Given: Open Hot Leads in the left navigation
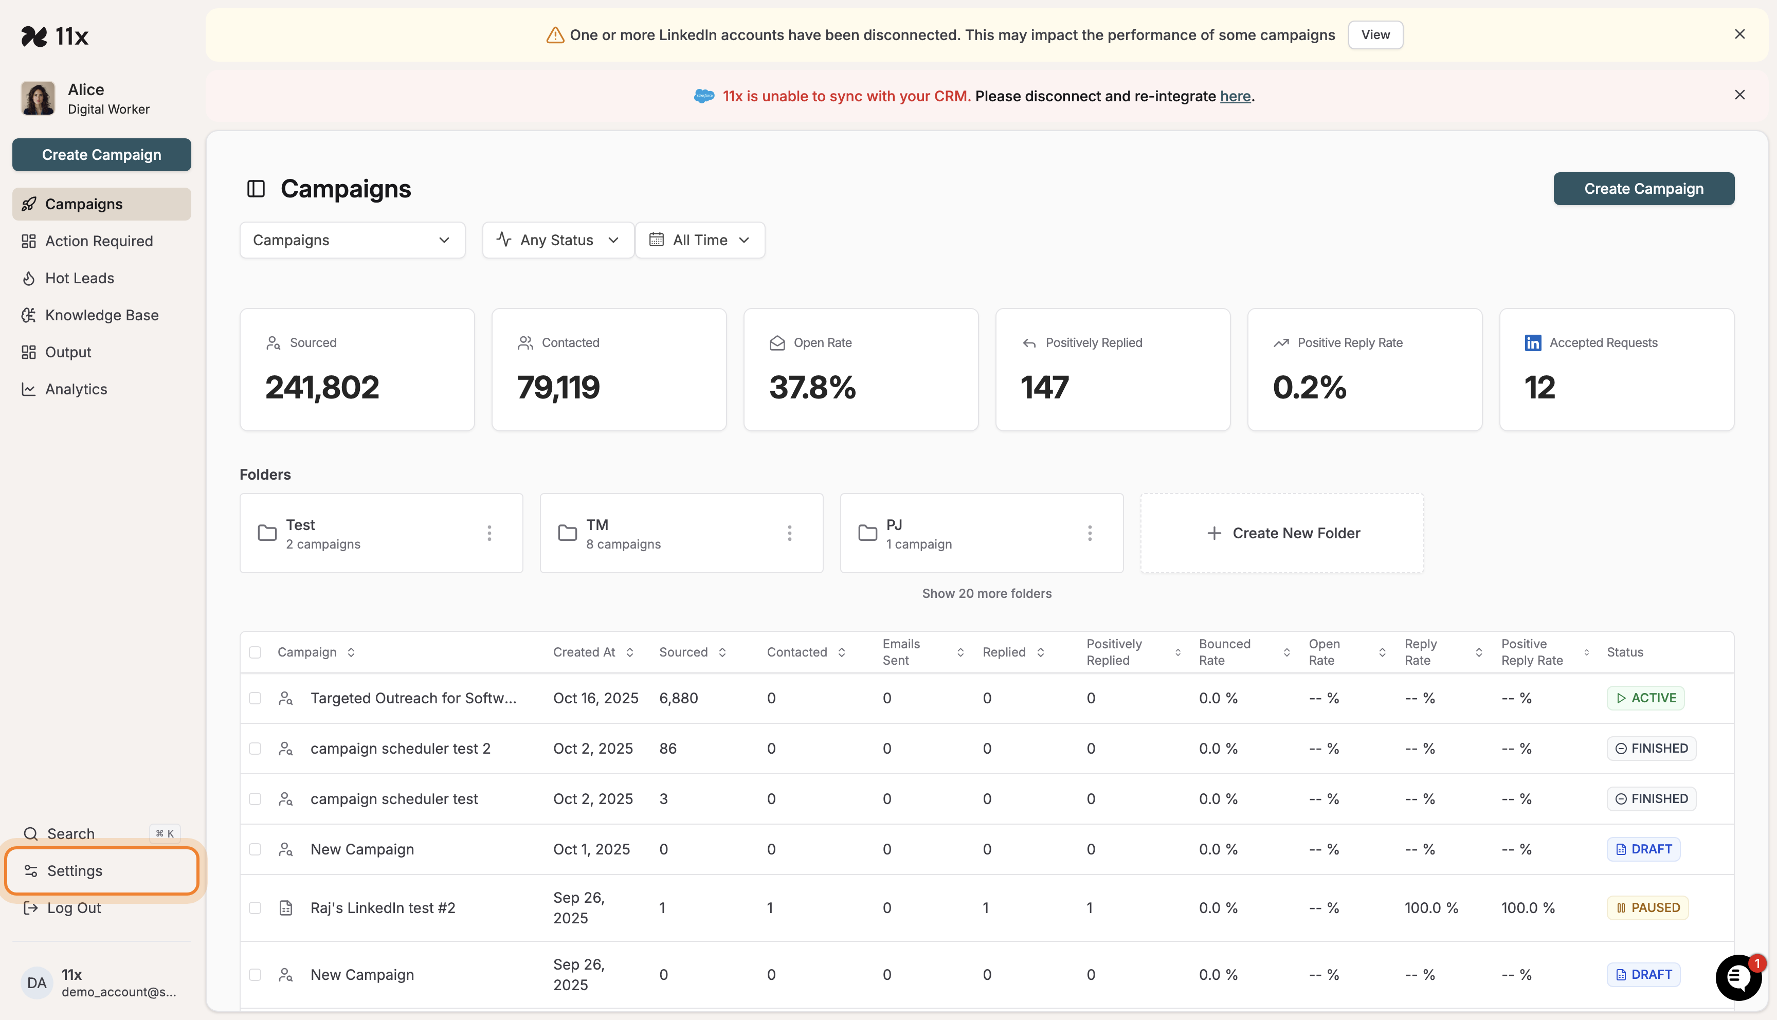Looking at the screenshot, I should point(79,278).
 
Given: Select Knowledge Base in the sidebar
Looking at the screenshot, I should point(102,315).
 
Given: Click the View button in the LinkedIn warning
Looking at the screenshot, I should point(1375,35).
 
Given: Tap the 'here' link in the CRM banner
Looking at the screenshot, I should point(1235,96).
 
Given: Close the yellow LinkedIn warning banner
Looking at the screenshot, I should point(1739,34).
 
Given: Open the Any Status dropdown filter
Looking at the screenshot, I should point(557,240).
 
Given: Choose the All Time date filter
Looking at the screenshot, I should point(700,240).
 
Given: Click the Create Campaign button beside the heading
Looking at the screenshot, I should point(1643,189).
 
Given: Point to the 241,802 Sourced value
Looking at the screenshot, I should point(322,388).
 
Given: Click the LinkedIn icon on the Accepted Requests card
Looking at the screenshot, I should point(1533,342).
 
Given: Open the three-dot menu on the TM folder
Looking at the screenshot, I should point(789,533).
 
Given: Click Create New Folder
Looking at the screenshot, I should point(1282,533).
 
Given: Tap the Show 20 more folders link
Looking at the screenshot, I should point(986,593).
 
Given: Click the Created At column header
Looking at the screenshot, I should point(584,652).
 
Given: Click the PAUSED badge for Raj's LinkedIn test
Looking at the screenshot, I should point(1647,908).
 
